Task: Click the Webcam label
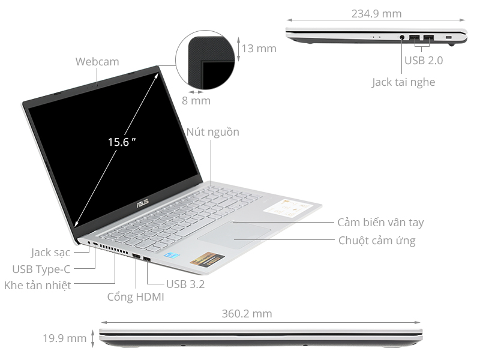[97, 61]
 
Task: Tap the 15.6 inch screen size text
[122, 142]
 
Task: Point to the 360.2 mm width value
[247, 314]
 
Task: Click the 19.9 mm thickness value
[64, 338]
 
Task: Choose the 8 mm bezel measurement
[196, 101]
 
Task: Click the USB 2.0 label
[424, 61]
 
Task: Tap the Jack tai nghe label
[403, 82]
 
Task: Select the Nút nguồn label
[212, 132]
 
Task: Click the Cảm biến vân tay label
[380, 223]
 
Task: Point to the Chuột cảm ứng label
[377, 241]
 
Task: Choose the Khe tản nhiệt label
[38, 286]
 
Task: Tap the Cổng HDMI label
[136, 297]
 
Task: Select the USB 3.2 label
[185, 284]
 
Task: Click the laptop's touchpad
[235, 235]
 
